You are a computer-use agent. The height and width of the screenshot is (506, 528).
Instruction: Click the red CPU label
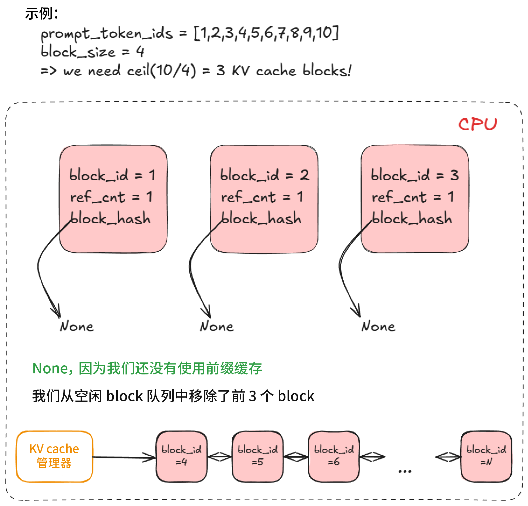pyautogui.click(x=477, y=124)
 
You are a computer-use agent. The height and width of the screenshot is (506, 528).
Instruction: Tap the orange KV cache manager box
pyautogui.click(x=54, y=456)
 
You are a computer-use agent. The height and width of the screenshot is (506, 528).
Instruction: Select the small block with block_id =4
pyautogui.click(x=181, y=456)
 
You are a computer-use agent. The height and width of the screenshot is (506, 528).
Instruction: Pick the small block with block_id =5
pyautogui.click(x=258, y=456)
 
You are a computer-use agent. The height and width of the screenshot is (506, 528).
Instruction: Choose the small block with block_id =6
pyautogui.click(x=334, y=456)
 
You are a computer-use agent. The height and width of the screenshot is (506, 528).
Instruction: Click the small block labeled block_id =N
pyautogui.click(x=486, y=456)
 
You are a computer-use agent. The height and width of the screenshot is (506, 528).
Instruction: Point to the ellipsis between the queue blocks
pyautogui.click(x=405, y=471)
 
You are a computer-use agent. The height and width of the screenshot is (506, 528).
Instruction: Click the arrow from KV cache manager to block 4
pyautogui.click(x=124, y=457)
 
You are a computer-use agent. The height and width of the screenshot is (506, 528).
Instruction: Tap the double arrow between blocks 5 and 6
pyautogui.click(x=296, y=457)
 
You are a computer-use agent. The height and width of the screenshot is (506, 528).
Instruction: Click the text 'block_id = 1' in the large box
pyautogui.click(x=112, y=175)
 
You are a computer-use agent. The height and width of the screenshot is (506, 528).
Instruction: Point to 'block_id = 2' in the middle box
pyautogui.click(x=265, y=175)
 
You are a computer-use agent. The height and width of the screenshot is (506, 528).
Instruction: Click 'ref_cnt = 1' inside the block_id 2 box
pyautogui.click(x=262, y=197)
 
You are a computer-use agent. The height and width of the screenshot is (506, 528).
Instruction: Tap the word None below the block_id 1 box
pyautogui.click(x=77, y=326)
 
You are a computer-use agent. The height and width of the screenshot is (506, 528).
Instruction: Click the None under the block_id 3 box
pyautogui.click(x=378, y=326)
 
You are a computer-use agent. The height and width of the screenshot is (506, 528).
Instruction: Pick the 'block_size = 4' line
pyautogui.click(x=92, y=51)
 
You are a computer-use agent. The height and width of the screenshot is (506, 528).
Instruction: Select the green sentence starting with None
pyautogui.click(x=147, y=368)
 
